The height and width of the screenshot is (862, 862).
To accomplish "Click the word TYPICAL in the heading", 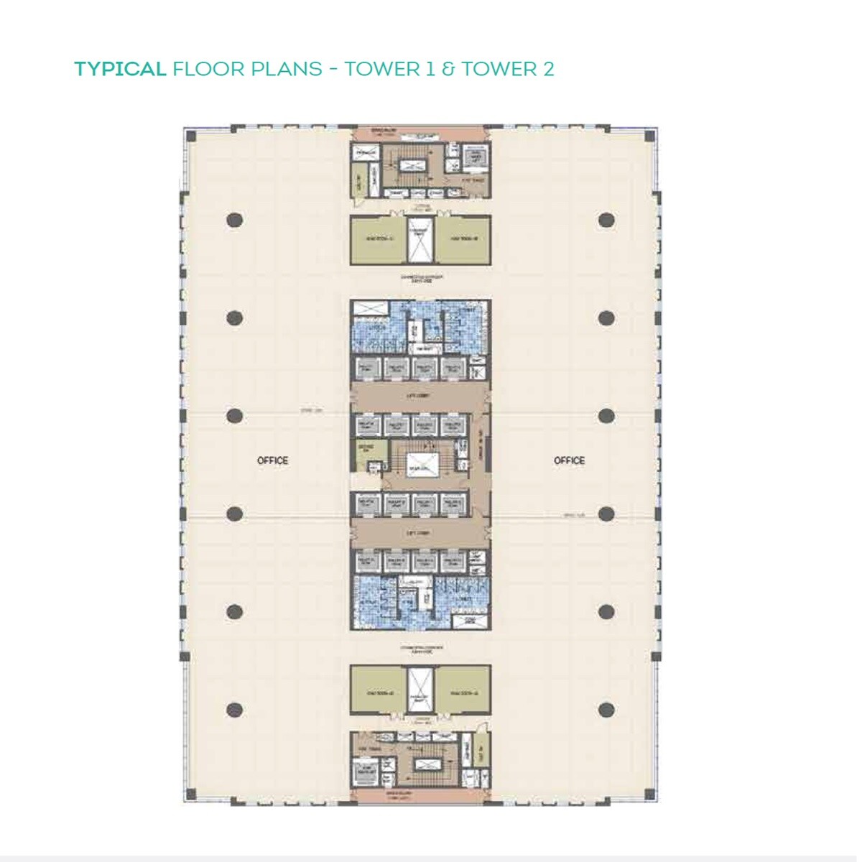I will tap(120, 69).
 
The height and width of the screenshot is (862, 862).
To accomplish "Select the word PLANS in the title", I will tap(287, 69).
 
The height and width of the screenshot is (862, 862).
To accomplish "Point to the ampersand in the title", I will tap(448, 69).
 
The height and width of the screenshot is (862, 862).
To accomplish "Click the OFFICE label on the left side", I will tap(272, 460).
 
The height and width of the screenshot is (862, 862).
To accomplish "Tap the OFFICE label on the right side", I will tap(569, 460).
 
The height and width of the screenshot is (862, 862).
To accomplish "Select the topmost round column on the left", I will tap(234, 220).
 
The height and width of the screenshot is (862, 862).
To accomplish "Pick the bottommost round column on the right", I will tap(606, 710).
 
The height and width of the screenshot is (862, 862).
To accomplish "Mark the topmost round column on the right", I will tap(606, 220).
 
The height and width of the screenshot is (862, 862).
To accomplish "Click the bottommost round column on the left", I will tap(234, 710).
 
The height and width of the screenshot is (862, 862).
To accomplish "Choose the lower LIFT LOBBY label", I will tap(418, 533).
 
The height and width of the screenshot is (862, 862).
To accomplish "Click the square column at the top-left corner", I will tap(190, 136).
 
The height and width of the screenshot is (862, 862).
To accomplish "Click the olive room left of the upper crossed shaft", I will tap(379, 240).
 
